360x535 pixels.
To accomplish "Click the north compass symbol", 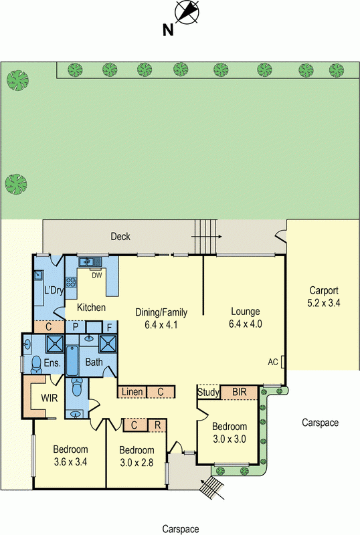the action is click(x=187, y=12).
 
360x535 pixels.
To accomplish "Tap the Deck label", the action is click(x=120, y=236).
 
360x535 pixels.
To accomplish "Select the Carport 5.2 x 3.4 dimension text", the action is click(x=324, y=303).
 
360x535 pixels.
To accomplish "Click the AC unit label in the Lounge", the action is click(x=273, y=362).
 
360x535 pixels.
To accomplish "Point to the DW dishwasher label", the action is click(x=97, y=276).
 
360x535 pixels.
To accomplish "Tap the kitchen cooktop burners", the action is click(x=71, y=282).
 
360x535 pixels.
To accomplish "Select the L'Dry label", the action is click(x=54, y=290).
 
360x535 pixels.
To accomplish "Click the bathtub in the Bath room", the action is click(x=72, y=360).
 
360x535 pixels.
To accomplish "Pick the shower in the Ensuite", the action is click(x=55, y=344).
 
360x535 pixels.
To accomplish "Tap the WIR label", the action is click(x=50, y=398).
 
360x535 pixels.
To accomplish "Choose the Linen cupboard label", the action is click(x=132, y=392).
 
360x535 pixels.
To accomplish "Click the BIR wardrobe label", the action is click(x=239, y=392).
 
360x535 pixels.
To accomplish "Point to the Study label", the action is click(x=208, y=393).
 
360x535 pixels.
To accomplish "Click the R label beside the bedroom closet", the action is click(x=157, y=425).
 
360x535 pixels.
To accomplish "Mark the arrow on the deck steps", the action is click(x=207, y=237).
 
